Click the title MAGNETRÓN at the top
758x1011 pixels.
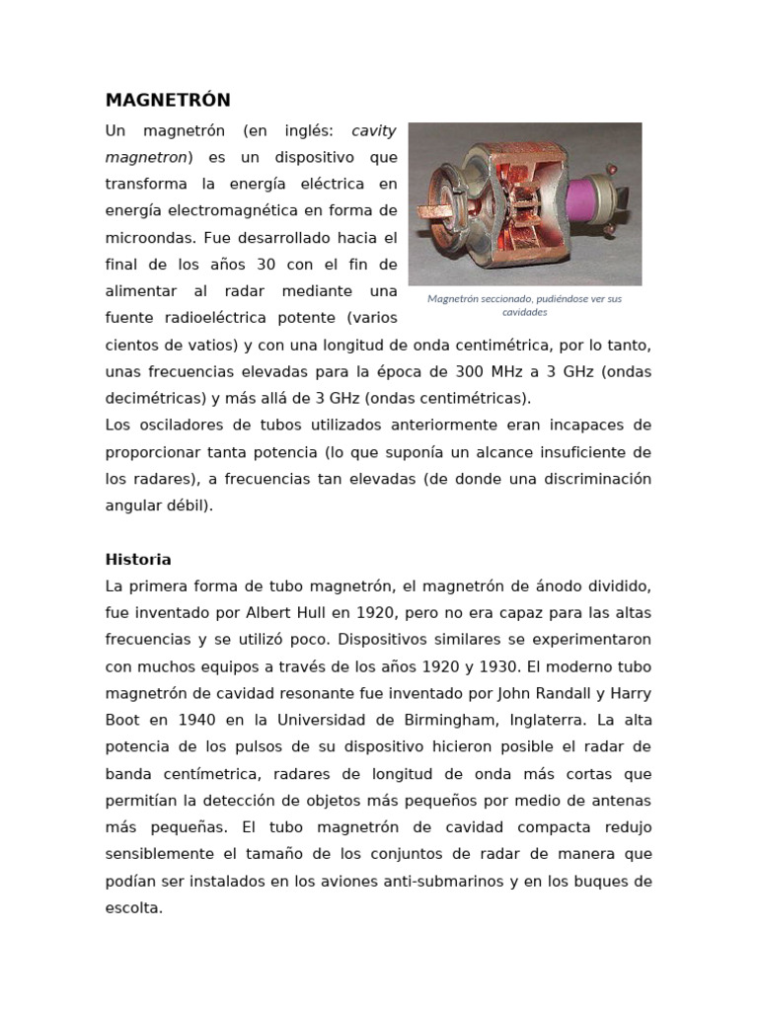pos(168,101)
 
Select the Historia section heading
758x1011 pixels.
pos(138,559)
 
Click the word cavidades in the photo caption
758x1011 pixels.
pos(525,312)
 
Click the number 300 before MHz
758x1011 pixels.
pos(467,372)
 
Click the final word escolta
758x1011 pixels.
pos(133,907)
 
